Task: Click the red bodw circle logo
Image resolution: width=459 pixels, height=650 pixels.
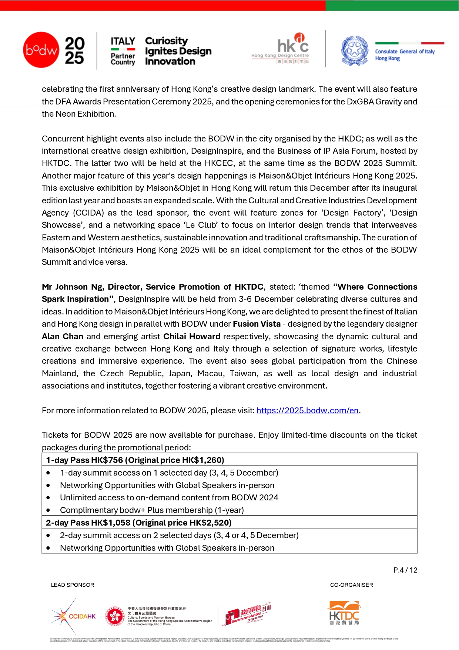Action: click(x=41, y=50)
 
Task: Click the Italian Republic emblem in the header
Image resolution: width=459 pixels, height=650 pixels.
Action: click(x=355, y=51)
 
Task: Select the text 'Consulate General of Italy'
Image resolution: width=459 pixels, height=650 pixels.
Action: click(x=405, y=52)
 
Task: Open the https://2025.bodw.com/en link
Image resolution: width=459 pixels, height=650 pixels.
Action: click(x=307, y=411)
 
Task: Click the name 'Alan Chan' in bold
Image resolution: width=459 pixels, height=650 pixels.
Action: click(x=62, y=337)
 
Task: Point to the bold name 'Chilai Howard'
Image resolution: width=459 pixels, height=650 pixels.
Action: click(x=192, y=337)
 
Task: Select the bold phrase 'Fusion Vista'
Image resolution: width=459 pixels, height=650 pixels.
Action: click(x=257, y=324)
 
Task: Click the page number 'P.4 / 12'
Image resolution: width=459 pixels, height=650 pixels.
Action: click(x=405, y=570)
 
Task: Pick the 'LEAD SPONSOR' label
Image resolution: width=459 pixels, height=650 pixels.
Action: click(x=73, y=585)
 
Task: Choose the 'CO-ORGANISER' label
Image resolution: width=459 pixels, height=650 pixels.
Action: click(x=351, y=585)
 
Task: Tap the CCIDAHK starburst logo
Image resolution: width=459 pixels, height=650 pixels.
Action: click(x=73, y=616)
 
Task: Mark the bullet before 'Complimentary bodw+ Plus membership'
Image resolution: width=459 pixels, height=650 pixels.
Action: click(x=48, y=510)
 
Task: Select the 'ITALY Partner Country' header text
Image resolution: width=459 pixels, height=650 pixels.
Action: click(x=123, y=51)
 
